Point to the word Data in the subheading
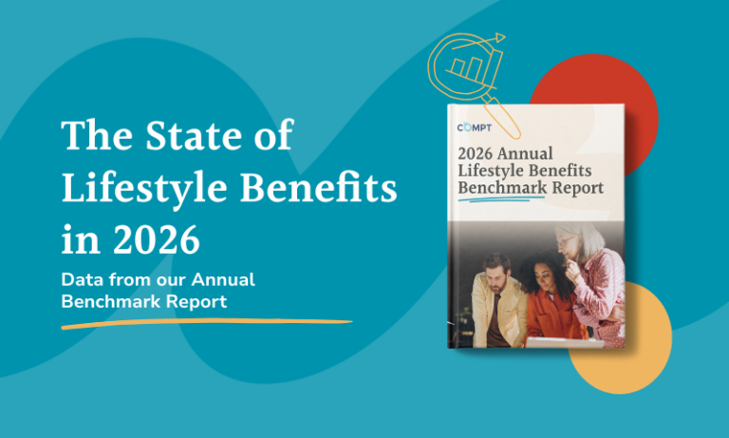83,281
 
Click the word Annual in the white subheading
222,281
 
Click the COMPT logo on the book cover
477,128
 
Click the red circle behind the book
617,95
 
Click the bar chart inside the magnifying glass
468,69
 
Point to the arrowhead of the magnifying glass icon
499,39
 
